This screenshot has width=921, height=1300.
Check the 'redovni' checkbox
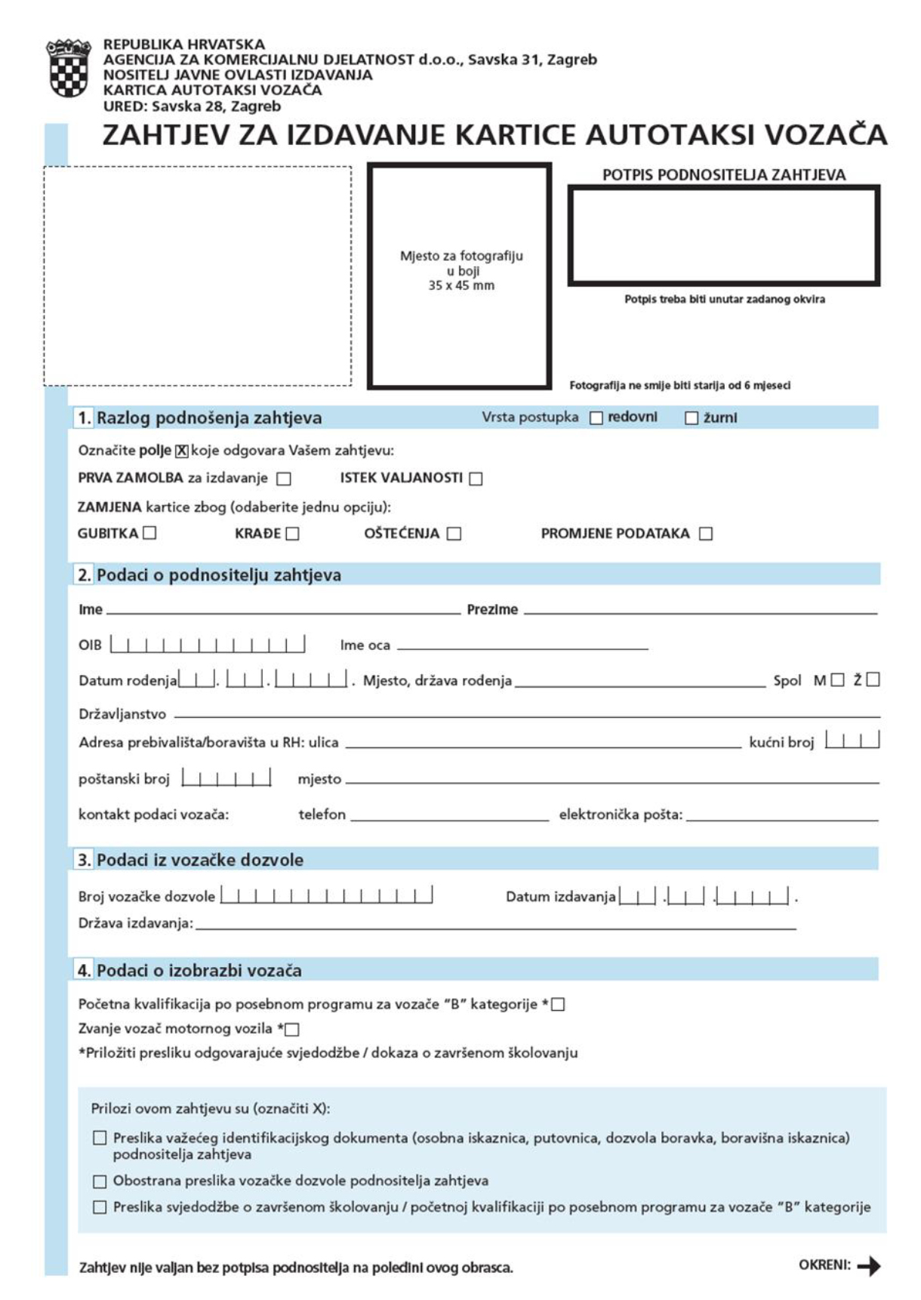[x=596, y=418]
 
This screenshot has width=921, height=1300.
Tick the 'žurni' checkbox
[x=691, y=418]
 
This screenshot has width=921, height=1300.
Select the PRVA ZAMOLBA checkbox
[x=284, y=479]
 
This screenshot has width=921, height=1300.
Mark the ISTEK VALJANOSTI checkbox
[x=476, y=479]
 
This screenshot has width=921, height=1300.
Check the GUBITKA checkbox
[x=149, y=533]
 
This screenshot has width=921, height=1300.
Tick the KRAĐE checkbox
[x=293, y=534]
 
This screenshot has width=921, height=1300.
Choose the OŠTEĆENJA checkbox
[x=454, y=534]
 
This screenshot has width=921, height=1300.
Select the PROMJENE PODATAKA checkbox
[x=706, y=534]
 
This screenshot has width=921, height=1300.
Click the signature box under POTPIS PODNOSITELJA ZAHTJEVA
[x=723, y=236]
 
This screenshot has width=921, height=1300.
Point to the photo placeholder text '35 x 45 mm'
[x=461, y=285]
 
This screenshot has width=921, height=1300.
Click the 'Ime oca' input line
[x=522, y=645]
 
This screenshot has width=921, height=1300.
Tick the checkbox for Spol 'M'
[x=837, y=680]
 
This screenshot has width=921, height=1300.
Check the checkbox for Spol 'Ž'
[x=873, y=680]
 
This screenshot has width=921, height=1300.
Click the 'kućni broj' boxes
[x=852, y=741]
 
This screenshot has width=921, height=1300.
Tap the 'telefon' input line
[x=450, y=816]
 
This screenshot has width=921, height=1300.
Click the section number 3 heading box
[x=84, y=860]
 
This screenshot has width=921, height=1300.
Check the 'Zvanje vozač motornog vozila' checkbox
[x=293, y=1029]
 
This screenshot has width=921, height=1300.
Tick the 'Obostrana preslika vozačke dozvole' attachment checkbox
[x=100, y=1181]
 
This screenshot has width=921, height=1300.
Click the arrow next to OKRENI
[x=869, y=1266]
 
